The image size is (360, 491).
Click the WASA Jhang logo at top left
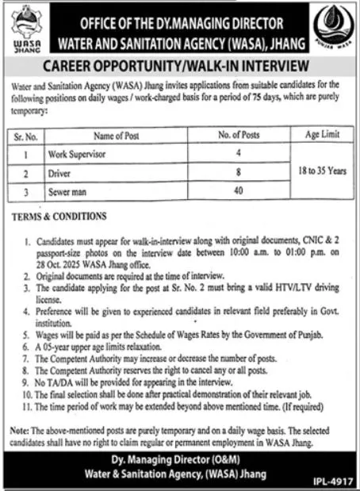coord(23,27)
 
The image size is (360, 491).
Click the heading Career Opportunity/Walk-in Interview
coord(179,63)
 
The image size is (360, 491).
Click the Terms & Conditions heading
coord(59,216)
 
